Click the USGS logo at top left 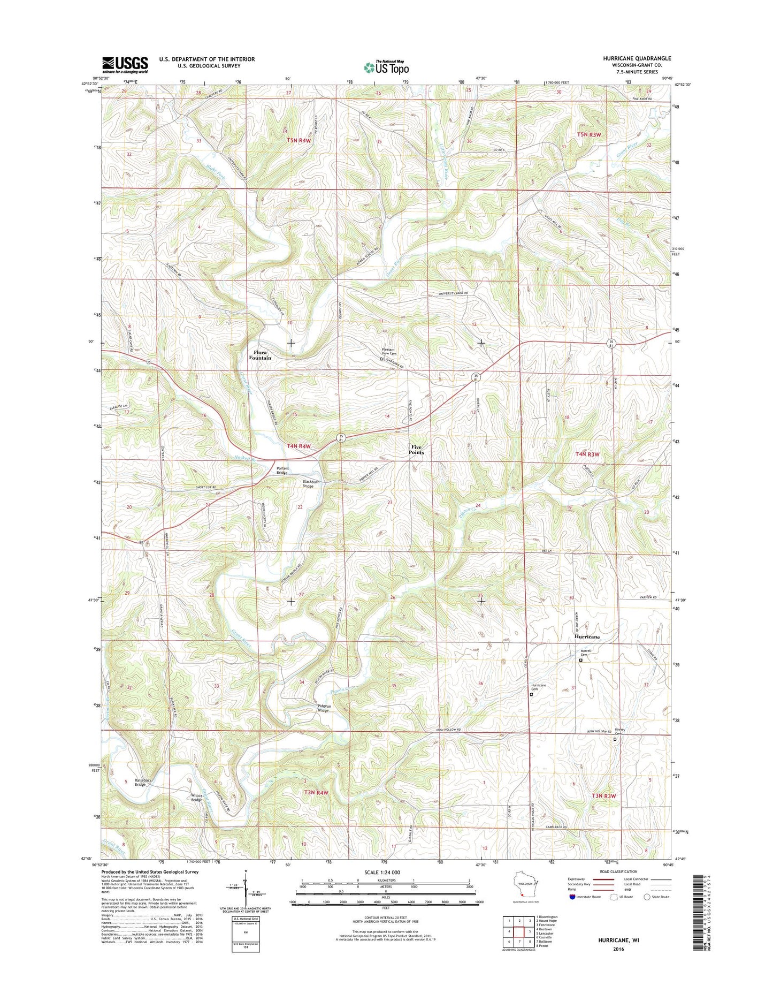point(125,65)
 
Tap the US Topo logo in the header point(386,67)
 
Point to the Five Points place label point(416,450)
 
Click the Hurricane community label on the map point(587,637)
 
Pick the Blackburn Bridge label point(311,483)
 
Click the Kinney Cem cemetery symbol point(615,739)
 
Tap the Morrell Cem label point(585,653)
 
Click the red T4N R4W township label point(299,445)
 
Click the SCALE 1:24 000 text point(386,872)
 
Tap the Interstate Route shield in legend point(572,897)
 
